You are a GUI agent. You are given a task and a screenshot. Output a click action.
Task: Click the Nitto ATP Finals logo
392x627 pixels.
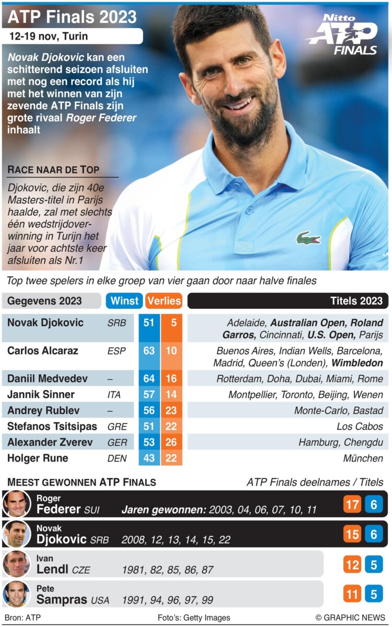pos(343,36)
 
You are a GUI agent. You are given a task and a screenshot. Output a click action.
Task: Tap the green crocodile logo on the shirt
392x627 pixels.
pos(308,239)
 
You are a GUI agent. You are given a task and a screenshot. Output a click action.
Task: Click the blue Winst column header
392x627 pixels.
pos(124,300)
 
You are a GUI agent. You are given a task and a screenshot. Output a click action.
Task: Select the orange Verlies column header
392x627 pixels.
pos(164,301)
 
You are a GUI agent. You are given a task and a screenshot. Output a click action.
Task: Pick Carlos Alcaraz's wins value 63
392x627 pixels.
pos(149,350)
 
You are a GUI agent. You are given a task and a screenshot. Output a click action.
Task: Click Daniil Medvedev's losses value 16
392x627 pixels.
pos(171,378)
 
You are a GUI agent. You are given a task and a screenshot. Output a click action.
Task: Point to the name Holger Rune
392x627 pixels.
pos(38,458)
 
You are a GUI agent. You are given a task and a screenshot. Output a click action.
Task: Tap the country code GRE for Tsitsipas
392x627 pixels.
pos(117,426)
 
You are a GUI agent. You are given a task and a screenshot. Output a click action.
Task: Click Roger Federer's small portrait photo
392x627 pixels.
pos(16,504)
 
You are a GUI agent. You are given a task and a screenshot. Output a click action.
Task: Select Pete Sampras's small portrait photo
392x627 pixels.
pos(16,594)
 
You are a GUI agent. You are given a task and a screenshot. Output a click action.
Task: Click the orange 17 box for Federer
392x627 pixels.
pos(352,504)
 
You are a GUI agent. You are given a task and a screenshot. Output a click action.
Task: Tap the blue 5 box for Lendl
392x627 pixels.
pos(374,565)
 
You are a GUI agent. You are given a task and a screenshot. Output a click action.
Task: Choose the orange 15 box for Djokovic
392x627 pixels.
pos(352,534)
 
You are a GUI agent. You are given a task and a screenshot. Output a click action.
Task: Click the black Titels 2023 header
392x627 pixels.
pos(287,300)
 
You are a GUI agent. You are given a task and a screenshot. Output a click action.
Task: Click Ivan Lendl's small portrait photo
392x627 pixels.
pos(16,564)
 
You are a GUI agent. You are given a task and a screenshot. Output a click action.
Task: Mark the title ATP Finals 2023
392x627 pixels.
pos(72,17)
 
